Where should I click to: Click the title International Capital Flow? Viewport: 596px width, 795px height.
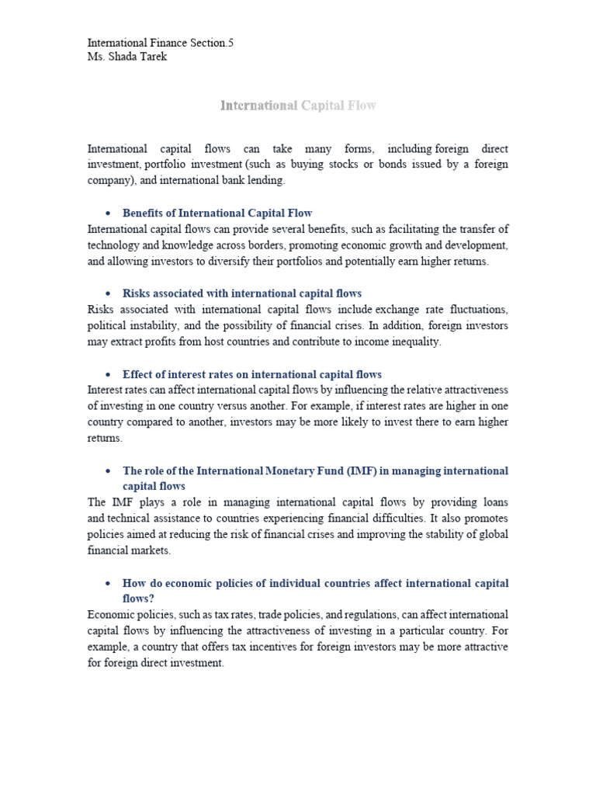click(298, 106)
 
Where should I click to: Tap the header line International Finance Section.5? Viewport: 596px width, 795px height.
click(161, 43)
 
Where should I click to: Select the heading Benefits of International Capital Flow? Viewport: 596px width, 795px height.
click(217, 213)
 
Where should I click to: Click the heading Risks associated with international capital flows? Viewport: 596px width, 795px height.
click(242, 293)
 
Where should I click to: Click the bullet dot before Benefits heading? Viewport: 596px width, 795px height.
click(106, 214)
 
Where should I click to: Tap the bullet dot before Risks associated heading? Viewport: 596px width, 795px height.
click(106, 294)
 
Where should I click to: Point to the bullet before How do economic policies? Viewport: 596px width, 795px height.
click(106, 583)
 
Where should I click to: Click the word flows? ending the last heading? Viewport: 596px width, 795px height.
click(140, 599)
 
